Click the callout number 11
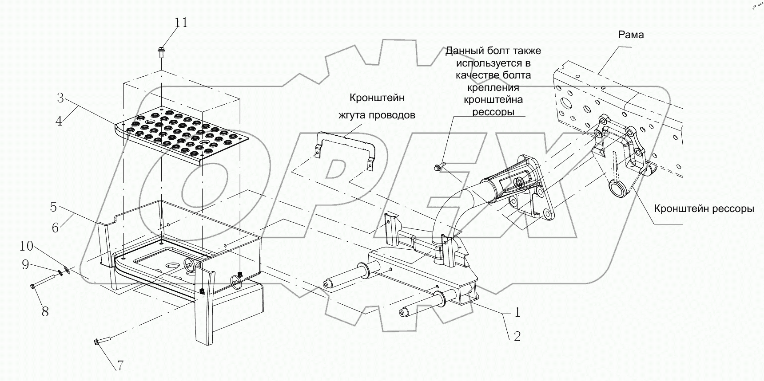pos(181,22)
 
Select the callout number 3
pos(61,98)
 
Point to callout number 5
pos(53,207)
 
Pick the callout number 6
pos(55,228)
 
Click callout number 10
pos(26,246)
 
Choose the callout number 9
pos(25,265)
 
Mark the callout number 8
pos(45,311)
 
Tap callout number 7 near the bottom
pos(119,365)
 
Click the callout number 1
pos(517,312)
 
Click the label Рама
pos(631,35)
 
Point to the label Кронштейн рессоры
pos(704,208)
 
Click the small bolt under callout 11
pos(160,52)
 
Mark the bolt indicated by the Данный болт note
pos(438,168)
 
